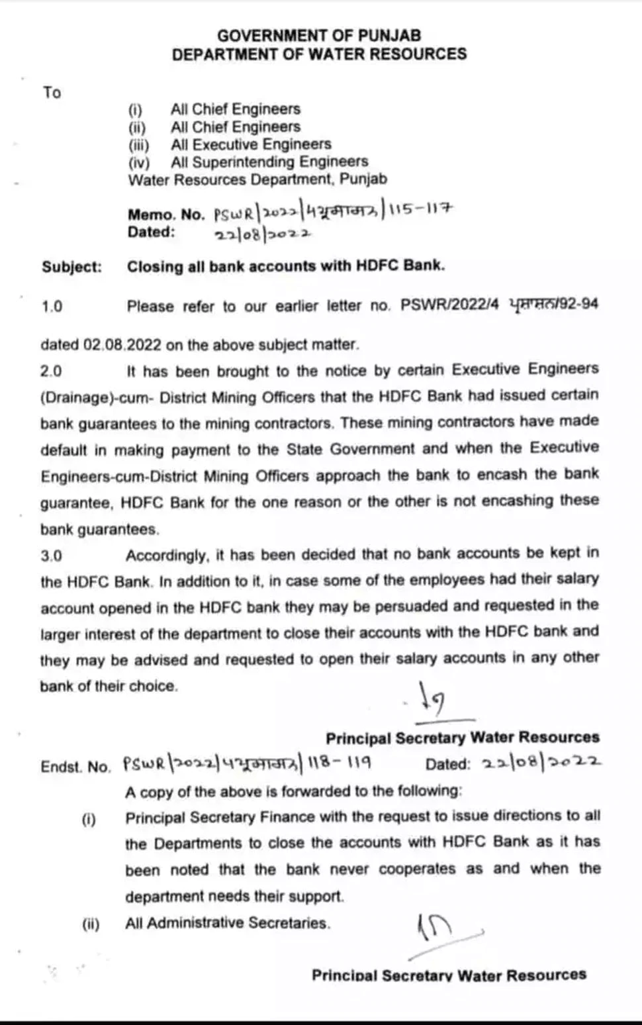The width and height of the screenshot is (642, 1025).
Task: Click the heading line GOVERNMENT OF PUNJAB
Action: coord(319,35)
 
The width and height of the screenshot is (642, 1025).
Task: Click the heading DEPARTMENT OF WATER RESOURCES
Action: coord(319,54)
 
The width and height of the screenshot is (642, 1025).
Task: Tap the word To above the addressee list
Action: coord(52,92)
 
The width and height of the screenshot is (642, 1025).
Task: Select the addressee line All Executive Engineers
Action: coord(251,144)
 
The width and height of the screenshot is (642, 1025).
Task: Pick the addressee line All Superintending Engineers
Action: coord(269,162)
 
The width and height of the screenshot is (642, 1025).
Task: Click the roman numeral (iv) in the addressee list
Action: coord(138,162)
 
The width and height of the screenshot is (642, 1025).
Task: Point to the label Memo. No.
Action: coord(166,215)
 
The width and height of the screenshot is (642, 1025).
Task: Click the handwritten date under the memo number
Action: coord(262,233)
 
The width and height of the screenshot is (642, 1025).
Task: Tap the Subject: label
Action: coord(72,267)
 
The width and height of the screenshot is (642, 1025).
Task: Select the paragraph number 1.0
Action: coord(52,307)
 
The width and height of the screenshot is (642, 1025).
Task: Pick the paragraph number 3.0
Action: coord(52,556)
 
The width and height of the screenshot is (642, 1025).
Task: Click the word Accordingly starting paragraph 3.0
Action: coord(168,555)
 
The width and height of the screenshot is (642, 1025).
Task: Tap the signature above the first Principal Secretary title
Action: coord(434,701)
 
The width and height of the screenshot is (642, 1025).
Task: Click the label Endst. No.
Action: coord(75,767)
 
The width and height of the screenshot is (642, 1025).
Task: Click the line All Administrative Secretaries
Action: coord(227,923)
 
